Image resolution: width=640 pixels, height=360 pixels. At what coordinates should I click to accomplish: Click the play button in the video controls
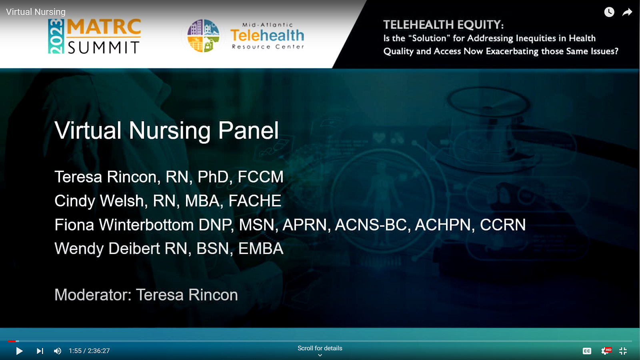pyautogui.click(x=20, y=351)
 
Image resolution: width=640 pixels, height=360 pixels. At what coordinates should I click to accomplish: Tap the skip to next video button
pyautogui.click(x=40, y=351)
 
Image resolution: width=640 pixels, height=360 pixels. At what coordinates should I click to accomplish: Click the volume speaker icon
pyautogui.click(x=58, y=351)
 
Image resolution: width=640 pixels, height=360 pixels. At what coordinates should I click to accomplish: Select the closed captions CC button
pyautogui.click(x=587, y=351)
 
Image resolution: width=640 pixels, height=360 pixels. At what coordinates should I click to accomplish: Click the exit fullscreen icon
pyautogui.click(x=623, y=351)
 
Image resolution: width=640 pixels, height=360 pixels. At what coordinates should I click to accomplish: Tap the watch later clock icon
pyautogui.click(x=609, y=12)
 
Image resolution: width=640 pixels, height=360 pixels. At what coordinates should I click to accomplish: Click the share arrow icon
pyautogui.click(x=627, y=12)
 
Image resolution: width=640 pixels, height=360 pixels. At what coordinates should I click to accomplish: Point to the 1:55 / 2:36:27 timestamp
pyautogui.click(x=89, y=351)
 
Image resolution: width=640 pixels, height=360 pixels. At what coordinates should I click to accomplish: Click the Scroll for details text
pyautogui.click(x=320, y=348)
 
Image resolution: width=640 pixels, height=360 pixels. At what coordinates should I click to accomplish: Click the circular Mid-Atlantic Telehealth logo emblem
pyautogui.click(x=203, y=36)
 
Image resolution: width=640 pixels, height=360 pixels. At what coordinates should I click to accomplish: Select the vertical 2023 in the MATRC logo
pyautogui.click(x=56, y=36)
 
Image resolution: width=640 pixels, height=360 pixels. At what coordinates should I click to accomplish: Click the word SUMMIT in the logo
pyautogui.click(x=104, y=48)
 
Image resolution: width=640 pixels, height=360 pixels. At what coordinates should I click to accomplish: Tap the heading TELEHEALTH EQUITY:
pyautogui.click(x=443, y=25)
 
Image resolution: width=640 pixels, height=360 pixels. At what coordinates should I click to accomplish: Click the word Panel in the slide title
pyautogui.click(x=248, y=130)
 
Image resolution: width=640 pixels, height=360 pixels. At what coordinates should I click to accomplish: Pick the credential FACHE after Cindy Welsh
pyautogui.click(x=255, y=200)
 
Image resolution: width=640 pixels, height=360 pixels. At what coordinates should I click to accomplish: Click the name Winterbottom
pyautogui.click(x=146, y=224)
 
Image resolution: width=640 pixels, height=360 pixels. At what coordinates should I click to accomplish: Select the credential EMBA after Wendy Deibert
pyautogui.click(x=261, y=248)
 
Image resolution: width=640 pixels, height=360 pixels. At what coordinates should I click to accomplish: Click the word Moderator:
pyautogui.click(x=93, y=295)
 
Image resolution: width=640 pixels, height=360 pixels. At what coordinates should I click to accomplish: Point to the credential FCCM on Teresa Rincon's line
pyautogui.click(x=260, y=176)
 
